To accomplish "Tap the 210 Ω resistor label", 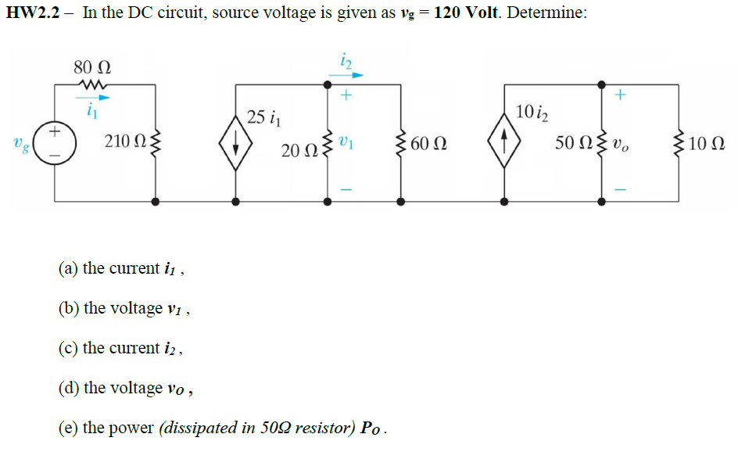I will pos(124,143).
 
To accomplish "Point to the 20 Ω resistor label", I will pos(296,149).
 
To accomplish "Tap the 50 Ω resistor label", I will pos(571,142).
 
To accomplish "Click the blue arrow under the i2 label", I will pos(346,76).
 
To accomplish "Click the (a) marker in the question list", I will pos(69,268).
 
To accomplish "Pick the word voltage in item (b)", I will pos(137,308).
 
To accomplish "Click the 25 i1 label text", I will pos(261,118).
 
